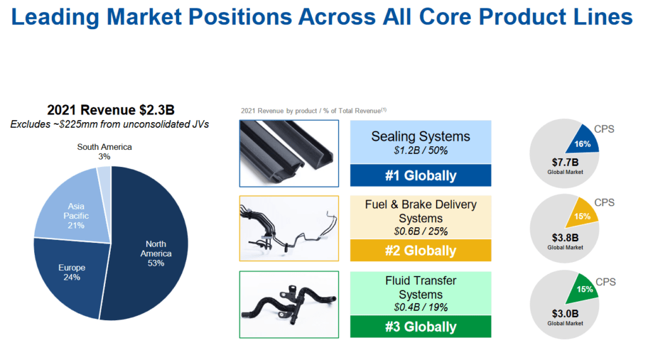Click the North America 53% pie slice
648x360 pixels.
[x=152, y=253]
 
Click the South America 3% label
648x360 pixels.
[x=104, y=151]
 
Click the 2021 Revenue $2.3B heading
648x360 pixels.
[x=110, y=109]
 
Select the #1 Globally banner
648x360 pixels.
[x=420, y=175]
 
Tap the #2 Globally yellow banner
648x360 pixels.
[x=420, y=251]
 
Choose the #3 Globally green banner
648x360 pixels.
[x=420, y=326]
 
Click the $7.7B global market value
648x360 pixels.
[x=565, y=163]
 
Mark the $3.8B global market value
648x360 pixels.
[x=565, y=239]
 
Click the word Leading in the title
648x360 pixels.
[x=60, y=17]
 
